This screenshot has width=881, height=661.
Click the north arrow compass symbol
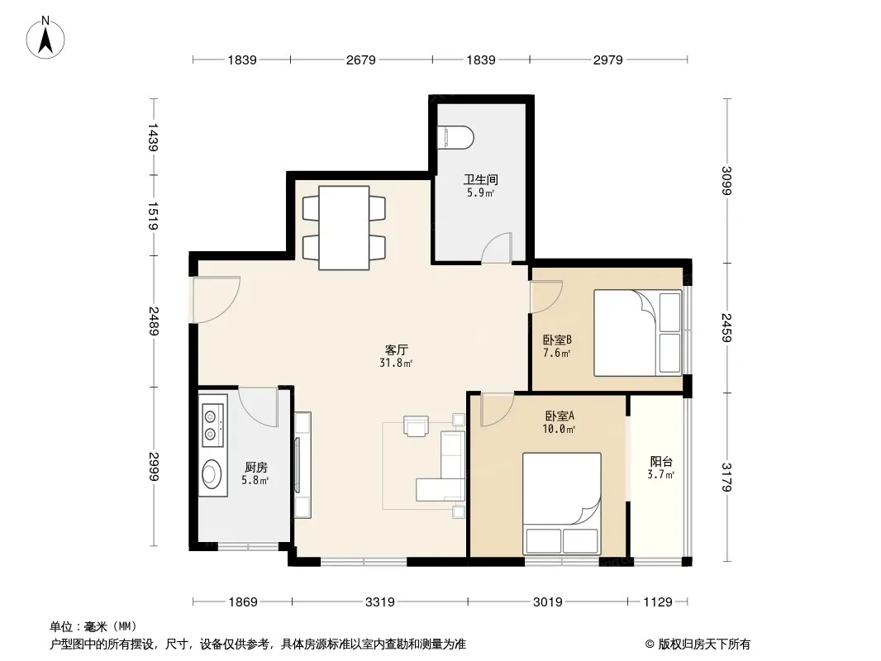tap(45, 38)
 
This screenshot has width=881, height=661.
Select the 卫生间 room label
tap(480, 180)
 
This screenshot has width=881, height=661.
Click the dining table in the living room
tap(344, 227)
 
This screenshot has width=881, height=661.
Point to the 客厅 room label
tap(396, 350)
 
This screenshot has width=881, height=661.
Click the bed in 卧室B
tap(638, 332)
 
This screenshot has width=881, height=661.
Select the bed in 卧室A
tap(562, 504)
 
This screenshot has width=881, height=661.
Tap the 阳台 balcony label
tap(661, 462)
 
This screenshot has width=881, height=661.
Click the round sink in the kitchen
tap(212, 473)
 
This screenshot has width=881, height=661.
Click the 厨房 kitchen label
tap(255, 468)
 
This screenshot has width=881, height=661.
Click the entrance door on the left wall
tap(216, 299)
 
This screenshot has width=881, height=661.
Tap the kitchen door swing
tap(259, 407)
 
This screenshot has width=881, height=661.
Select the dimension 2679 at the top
tap(360, 59)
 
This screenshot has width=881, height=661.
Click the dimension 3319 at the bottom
tap(380, 602)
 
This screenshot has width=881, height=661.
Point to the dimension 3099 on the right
tap(727, 180)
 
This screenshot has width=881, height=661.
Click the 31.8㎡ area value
tap(396, 363)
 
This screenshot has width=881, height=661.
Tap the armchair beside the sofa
tap(416, 426)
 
